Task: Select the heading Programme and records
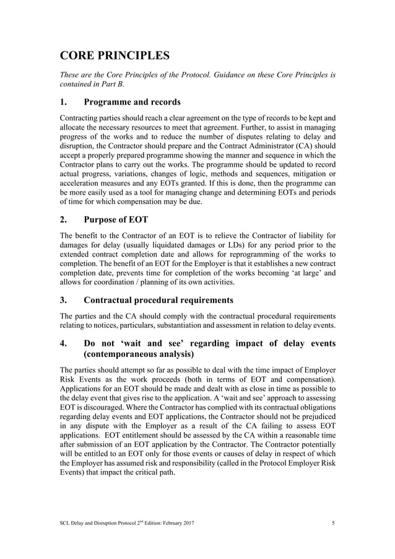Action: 132,102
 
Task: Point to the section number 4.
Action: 63,343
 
